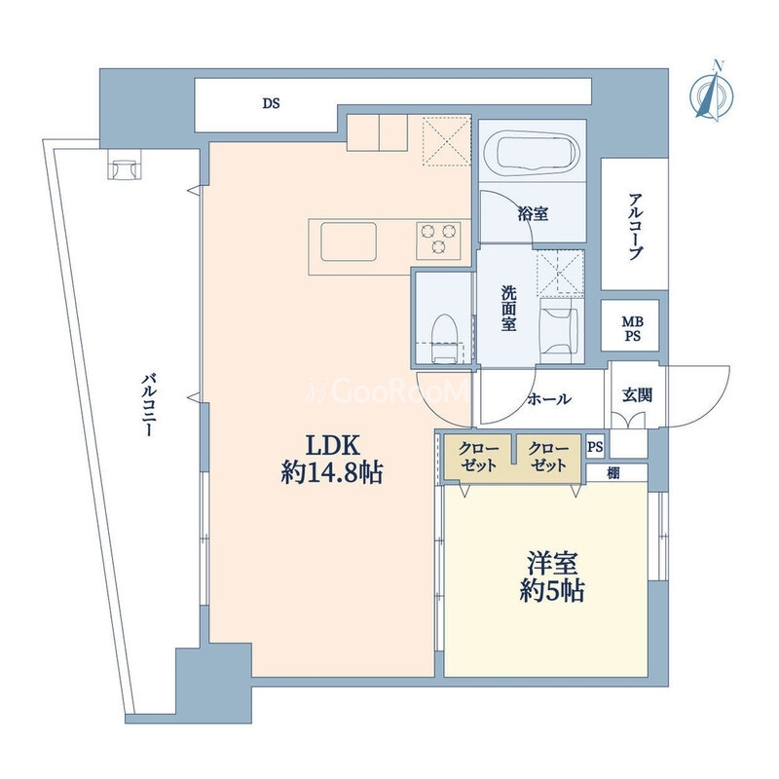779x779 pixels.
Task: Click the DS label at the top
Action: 272,103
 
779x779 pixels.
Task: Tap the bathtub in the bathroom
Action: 533,153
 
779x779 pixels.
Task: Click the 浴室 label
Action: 533,214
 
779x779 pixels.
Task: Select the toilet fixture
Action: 445,338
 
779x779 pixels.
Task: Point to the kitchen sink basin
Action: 349,241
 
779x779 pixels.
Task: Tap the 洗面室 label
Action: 508,309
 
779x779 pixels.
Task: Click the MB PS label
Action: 632,329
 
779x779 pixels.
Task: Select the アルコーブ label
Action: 635,227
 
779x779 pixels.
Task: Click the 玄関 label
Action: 637,395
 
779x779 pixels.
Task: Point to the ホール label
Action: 549,399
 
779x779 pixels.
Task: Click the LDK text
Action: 332,445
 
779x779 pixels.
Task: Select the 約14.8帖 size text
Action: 332,472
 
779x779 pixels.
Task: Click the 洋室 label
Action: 552,564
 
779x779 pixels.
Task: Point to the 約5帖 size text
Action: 552,591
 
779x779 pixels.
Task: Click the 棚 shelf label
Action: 613,473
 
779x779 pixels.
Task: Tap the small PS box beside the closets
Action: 595,447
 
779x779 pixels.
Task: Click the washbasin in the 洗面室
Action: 558,330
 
